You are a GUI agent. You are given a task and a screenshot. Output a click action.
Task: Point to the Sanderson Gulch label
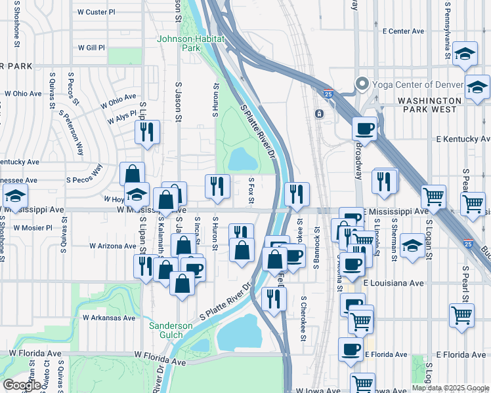pyautogui.click(x=171, y=330)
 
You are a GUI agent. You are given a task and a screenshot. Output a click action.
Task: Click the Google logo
pyautogui.click(x=22, y=385)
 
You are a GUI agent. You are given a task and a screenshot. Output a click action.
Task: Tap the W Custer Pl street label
pyautogui.click(x=96, y=12)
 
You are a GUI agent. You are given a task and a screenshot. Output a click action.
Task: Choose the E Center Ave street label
pyautogui.click(x=404, y=31)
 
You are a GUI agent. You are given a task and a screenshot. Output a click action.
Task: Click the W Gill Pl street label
pyautogui.click(x=91, y=48)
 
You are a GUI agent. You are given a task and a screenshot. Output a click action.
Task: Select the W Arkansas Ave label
pyautogui.click(x=109, y=318)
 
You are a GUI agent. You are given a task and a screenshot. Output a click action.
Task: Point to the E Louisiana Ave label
pyautogui.click(x=389, y=283)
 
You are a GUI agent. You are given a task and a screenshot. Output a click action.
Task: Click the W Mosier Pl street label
pyautogui.click(x=30, y=228)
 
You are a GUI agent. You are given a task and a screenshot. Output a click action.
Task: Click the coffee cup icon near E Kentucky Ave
pyautogui.click(x=364, y=128)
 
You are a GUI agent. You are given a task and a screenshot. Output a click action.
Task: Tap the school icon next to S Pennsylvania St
pyautogui.click(x=465, y=55)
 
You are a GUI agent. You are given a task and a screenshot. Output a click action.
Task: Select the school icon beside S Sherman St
pyautogui.click(x=412, y=246)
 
